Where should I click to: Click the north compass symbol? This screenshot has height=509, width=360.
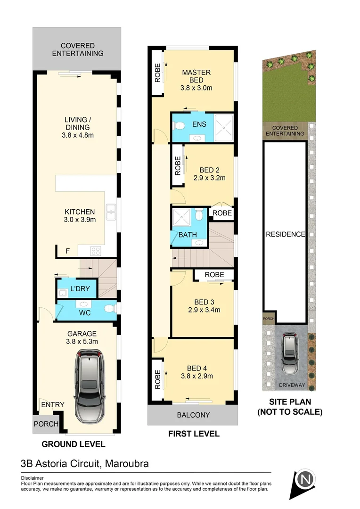click(x=305, y=481)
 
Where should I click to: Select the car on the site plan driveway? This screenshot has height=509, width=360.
click(x=289, y=354)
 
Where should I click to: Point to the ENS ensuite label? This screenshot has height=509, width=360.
click(x=199, y=124)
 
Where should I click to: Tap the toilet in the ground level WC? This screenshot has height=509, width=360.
click(x=109, y=309)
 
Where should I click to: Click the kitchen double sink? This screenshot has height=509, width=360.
click(x=111, y=213)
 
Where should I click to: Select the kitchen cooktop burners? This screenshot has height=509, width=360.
click(x=96, y=251)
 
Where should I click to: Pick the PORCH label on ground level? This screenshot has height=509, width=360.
click(x=46, y=424)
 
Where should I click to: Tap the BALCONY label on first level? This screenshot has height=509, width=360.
click(x=193, y=415)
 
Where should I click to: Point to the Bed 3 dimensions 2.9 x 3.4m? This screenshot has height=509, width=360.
click(x=204, y=310)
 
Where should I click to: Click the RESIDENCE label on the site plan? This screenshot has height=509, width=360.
click(x=285, y=234)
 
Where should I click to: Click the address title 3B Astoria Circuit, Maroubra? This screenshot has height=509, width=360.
click(x=85, y=463)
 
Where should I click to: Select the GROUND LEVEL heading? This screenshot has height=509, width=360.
click(x=73, y=444)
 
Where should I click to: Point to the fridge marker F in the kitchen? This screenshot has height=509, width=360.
click(x=67, y=251)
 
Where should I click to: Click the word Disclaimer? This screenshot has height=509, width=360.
click(x=33, y=477)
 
